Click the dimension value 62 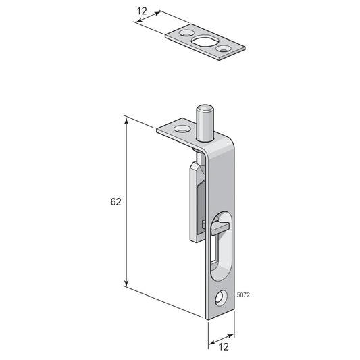115,201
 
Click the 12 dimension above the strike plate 142,11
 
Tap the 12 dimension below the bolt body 224,346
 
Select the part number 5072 243,294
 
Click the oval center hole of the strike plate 204,42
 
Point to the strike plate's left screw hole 186,33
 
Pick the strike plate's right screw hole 222,49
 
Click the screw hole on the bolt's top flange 182,129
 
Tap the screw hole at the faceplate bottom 221,299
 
